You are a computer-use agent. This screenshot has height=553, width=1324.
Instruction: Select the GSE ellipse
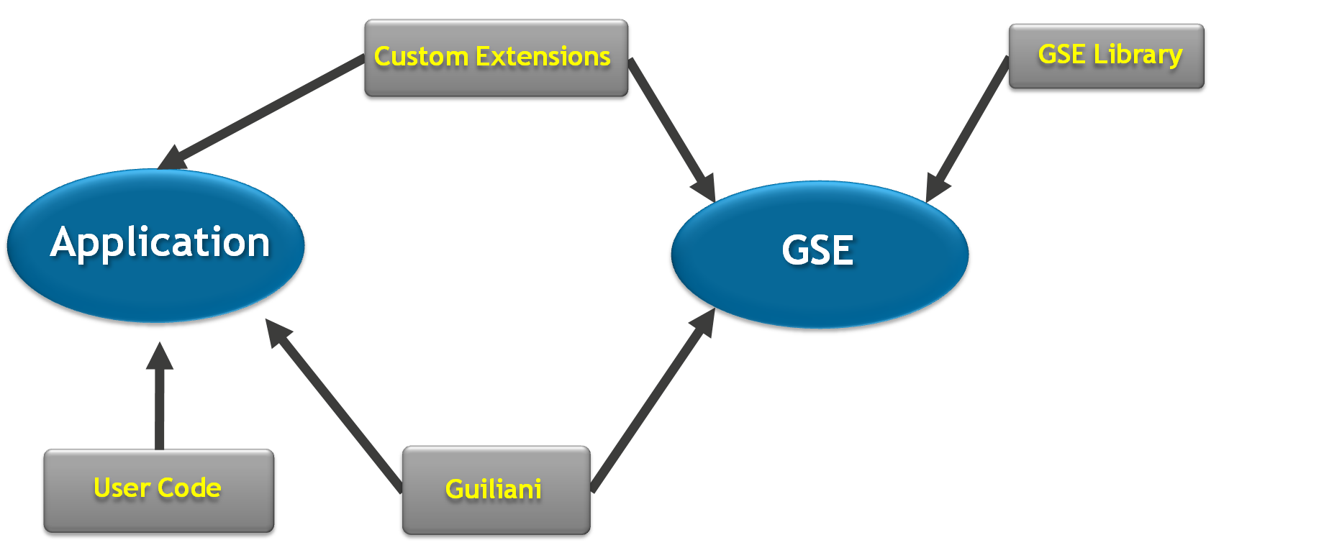coord(819,255)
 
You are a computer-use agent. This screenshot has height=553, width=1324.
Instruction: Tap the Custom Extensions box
coord(496,59)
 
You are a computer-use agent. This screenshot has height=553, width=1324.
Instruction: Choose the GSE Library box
coord(1107,58)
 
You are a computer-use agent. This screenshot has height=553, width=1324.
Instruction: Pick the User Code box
coord(159,492)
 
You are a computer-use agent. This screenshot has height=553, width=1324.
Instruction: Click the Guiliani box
coord(496,492)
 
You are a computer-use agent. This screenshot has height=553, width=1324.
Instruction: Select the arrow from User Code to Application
coord(159,403)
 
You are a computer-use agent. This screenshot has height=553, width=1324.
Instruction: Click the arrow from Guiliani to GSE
coord(651,403)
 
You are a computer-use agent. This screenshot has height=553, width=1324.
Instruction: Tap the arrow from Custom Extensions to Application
coord(266,108)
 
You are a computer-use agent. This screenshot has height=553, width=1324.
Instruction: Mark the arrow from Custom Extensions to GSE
coord(671,126)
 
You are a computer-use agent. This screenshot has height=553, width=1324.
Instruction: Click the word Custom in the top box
coord(421,57)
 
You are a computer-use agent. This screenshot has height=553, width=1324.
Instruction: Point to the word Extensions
coord(543,57)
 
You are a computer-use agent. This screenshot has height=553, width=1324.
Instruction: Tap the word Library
coord(1138,55)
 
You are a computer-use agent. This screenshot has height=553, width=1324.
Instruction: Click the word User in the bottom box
coord(122,488)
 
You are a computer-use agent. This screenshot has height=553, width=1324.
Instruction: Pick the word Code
coord(189,488)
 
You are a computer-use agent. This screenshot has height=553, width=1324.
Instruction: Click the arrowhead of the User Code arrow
coord(159,357)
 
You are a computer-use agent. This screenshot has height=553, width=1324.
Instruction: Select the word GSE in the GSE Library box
coord(1061,55)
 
